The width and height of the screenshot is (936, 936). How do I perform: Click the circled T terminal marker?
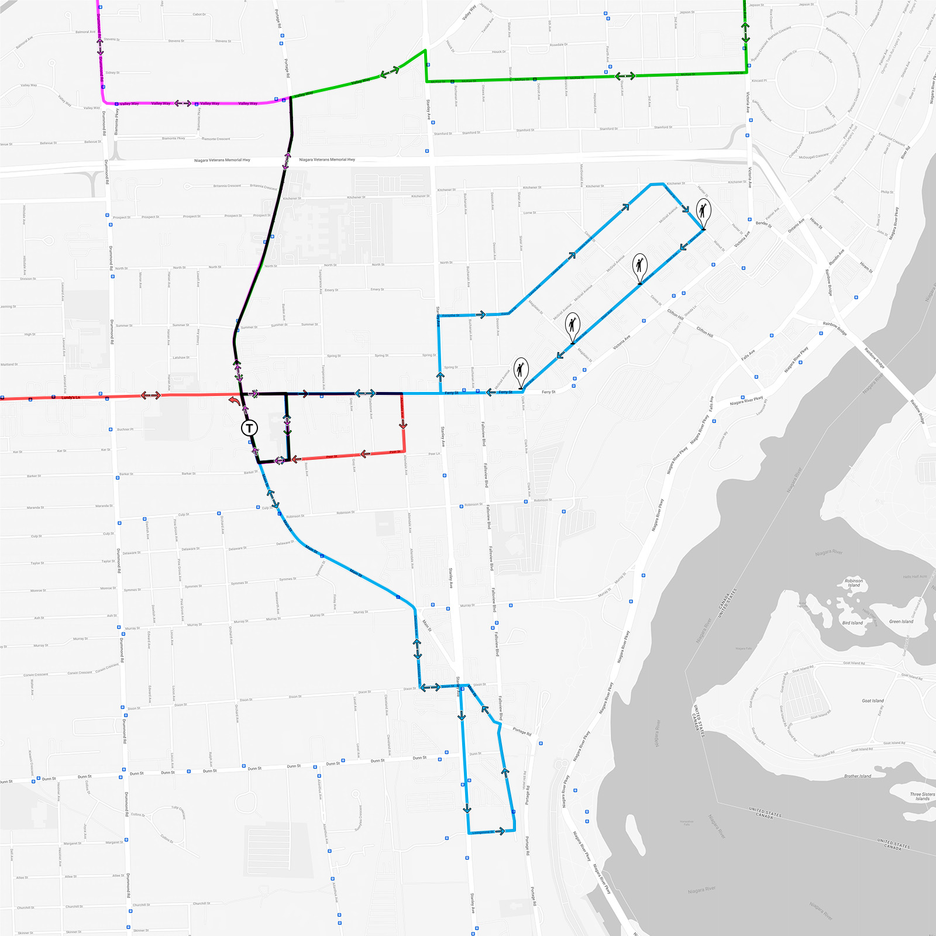click(x=249, y=428)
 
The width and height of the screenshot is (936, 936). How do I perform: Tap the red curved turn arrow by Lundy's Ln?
click(x=234, y=400)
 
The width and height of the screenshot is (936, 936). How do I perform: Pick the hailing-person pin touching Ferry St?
click(x=521, y=371)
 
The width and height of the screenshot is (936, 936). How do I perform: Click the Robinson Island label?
click(x=854, y=583)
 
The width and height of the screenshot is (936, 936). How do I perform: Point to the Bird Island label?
click(x=852, y=623)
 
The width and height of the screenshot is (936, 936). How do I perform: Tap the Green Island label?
click(x=901, y=621)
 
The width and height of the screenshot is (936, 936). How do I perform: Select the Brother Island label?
click(x=858, y=776)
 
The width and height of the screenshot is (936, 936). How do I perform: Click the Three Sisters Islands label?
click(x=922, y=796)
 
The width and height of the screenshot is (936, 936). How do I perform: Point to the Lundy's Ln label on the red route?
click(x=71, y=398)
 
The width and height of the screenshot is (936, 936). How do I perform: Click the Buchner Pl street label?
click(x=125, y=429)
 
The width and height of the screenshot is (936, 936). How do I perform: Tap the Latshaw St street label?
click(x=181, y=357)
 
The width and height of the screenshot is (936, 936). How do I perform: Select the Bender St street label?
click(x=763, y=223)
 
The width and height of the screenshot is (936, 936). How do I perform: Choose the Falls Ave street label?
click(x=748, y=355)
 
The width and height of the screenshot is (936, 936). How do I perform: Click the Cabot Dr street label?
click(x=199, y=15)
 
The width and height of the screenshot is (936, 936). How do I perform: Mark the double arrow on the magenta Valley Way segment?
click(x=183, y=104)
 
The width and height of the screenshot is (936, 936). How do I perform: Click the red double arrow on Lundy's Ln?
click(x=150, y=396)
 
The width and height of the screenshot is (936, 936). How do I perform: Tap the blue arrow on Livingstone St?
click(x=499, y=831)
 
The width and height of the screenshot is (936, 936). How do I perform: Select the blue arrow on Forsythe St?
click(x=480, y=315)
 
